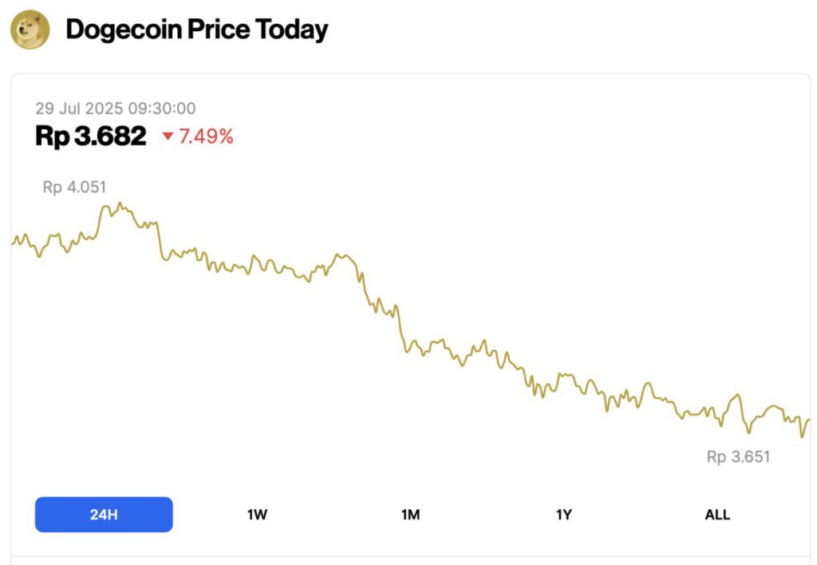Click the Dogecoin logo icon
[30, 30]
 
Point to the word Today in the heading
[291, 30]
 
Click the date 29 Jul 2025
[79, 109]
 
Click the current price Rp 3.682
[90, 136]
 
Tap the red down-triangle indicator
[168, 136]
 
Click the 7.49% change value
[206, 136]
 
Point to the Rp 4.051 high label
[74, 188]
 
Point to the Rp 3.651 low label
[738, 457]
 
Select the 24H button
[104, 515]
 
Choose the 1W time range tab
[257, 515]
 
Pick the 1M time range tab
[410, 515]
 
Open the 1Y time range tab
[563, 515]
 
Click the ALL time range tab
[717, 515]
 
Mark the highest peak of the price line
[120, 203]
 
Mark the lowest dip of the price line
[802, 436]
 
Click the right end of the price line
[809, 420]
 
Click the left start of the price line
[13, 243]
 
